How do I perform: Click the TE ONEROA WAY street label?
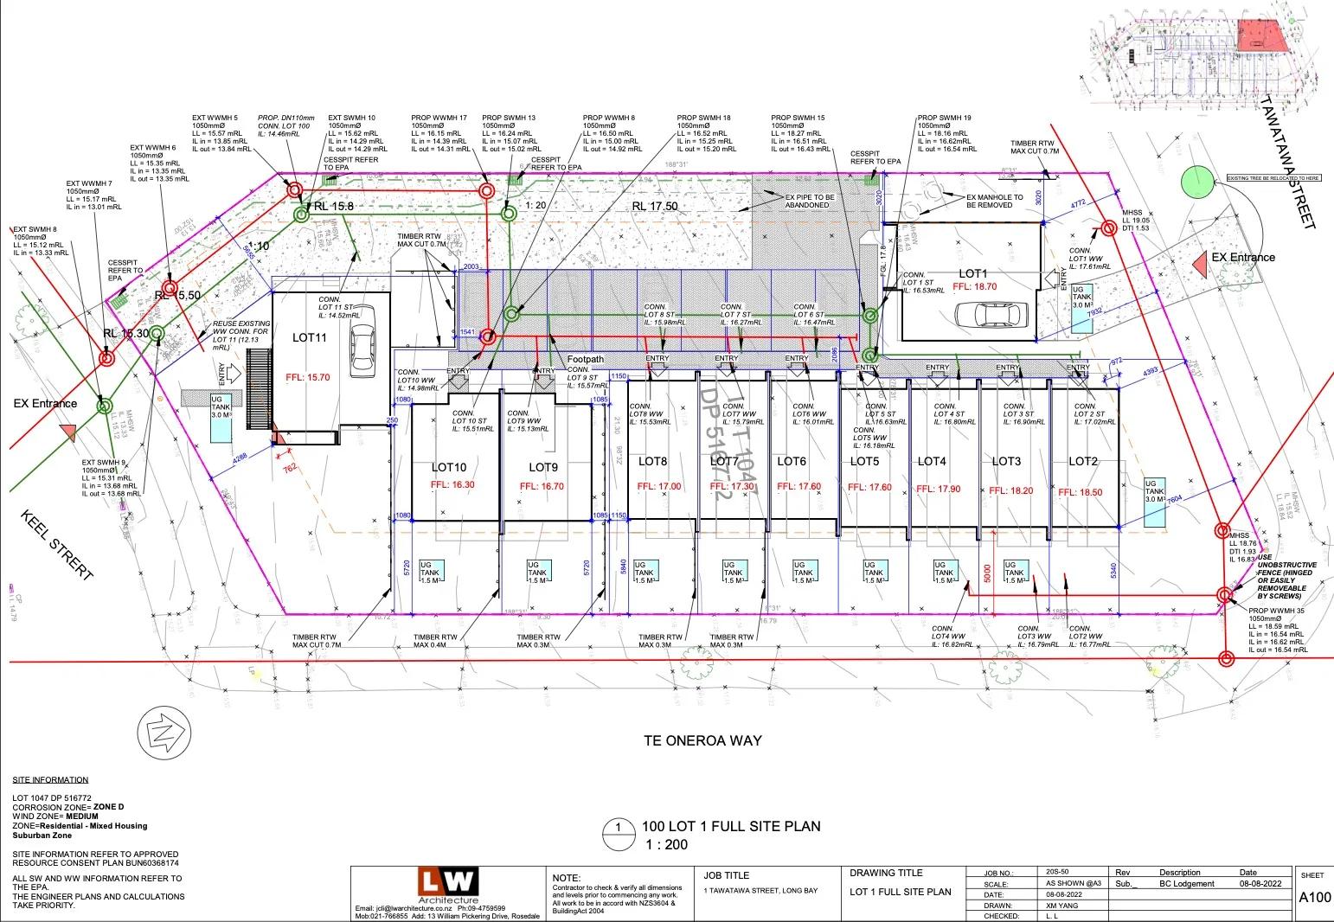point(703,740)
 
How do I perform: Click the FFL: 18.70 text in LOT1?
point(974,286)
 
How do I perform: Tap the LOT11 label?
point(309,337)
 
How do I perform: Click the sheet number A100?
point(1314,898)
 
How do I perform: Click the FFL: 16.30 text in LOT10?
point(452,485)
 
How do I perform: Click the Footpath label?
point(586,359)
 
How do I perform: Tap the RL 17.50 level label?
point(654,206)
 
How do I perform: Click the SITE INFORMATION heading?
point(50,779)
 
